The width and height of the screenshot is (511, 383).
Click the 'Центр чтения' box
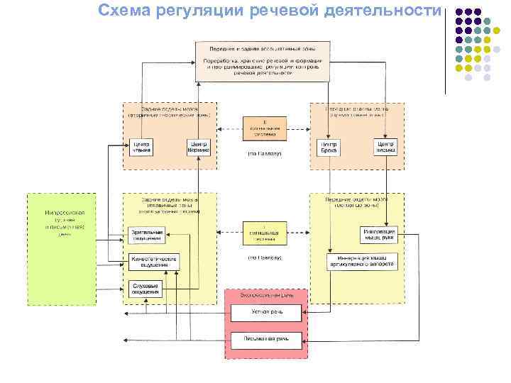(x=141, y=147)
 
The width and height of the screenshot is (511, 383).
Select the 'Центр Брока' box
(x=328, y=147)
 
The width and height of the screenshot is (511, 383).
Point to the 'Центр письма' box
(x=385, y=146)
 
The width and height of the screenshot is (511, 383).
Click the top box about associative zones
(x=262, y=60)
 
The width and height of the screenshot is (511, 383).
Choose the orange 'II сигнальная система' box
(x=265, y=128)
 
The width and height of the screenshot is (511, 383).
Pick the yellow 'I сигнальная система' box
(x=265, y=233)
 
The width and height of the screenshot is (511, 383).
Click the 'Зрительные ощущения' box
(x=147, y=234)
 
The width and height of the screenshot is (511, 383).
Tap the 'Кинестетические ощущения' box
(x=153, y=262)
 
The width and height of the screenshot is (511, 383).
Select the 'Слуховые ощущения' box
(x=147, y=289)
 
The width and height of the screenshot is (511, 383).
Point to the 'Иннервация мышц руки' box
(x=378, y=235)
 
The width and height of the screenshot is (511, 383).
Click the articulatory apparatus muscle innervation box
(x=362, y=262)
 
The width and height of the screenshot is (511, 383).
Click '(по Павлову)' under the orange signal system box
(x=265, y=153)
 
